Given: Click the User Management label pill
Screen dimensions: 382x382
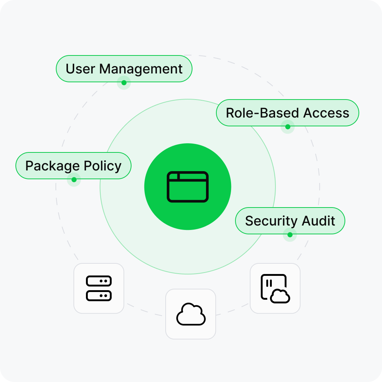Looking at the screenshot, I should coord(124,69).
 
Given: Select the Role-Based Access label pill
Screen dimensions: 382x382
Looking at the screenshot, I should coord(287,113).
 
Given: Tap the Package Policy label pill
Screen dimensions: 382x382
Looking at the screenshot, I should coord(73,166).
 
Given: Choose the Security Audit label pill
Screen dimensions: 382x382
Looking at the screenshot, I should coord(290,221).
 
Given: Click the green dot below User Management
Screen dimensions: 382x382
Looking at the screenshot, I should coord(124,83).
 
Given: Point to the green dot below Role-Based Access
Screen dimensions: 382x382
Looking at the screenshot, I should coord(288,127).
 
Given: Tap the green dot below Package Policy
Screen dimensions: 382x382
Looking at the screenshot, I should coord(74,180).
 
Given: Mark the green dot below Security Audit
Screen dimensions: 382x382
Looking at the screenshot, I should coord(290,234).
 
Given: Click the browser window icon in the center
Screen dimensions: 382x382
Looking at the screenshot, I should coord(188,187).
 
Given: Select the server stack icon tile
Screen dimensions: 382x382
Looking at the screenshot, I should coord(99,288).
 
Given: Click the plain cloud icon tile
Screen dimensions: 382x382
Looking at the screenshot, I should coord(191,314).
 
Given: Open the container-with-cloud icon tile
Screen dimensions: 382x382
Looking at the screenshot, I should coord(275,288).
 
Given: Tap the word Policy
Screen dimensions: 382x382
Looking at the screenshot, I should coord(102,166).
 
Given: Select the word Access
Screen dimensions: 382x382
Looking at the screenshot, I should coord(327,113).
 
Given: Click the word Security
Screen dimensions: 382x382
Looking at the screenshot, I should coord(271,221).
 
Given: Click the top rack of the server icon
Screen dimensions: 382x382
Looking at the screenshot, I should coord(99,281).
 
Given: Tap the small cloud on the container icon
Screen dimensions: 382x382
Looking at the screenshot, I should coord(280,296).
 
